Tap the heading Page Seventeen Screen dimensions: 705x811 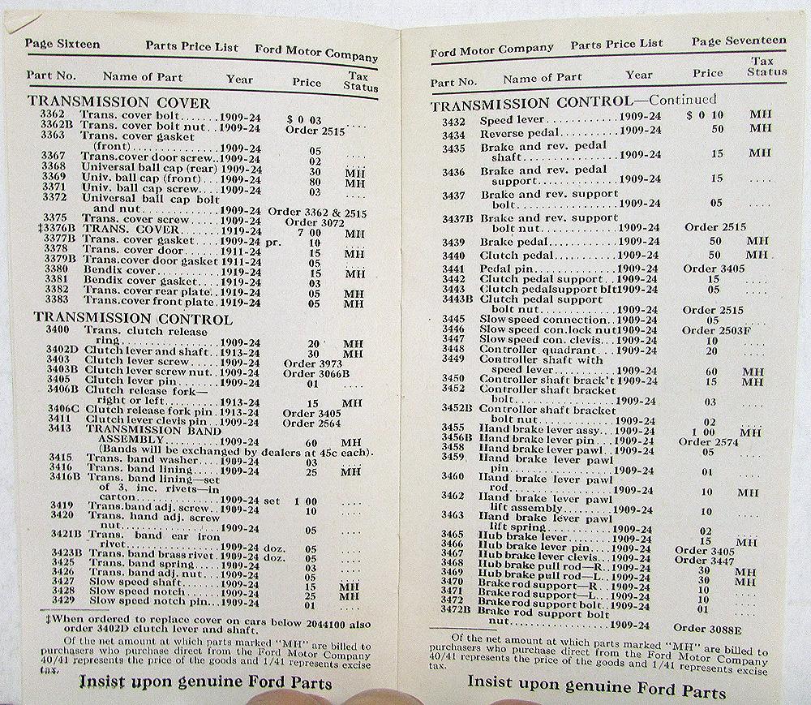[x=739, y=41]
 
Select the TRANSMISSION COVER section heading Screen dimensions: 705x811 [x=119, y=103]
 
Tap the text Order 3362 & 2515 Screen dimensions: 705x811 [x=317, y=211]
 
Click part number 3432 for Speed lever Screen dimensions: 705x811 [x=453, y=121]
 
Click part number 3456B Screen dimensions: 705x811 [x=457, y=438]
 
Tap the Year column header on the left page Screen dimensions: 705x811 [x=239, y=80]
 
